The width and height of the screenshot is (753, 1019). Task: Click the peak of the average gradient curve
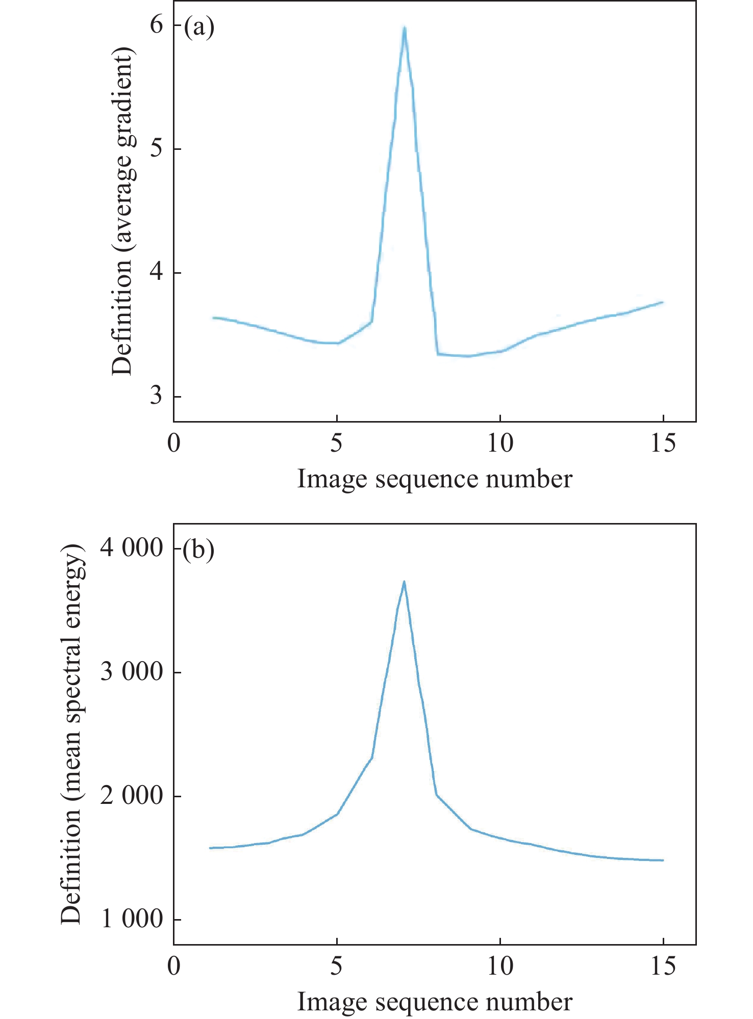404,29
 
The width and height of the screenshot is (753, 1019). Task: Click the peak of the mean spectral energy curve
404,582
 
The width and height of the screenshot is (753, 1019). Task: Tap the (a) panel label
199,27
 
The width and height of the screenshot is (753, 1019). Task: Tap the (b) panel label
199,551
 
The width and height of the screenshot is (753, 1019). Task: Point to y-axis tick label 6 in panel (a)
157,24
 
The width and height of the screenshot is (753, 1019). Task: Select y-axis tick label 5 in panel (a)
157,148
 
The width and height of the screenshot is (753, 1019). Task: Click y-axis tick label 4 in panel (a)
157,272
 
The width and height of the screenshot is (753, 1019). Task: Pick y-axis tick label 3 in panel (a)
157,396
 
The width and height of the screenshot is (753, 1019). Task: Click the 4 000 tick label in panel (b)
131,548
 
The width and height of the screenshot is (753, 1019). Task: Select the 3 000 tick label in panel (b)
131,672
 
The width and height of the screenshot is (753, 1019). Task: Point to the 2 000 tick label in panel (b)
131,796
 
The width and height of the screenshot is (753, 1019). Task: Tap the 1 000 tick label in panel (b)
131,920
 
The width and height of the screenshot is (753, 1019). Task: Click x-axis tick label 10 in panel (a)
500,443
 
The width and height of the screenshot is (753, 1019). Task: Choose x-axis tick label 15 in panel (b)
663,966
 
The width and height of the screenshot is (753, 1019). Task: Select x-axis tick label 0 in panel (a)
174,443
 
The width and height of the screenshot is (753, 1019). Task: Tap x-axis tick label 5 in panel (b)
336,966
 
